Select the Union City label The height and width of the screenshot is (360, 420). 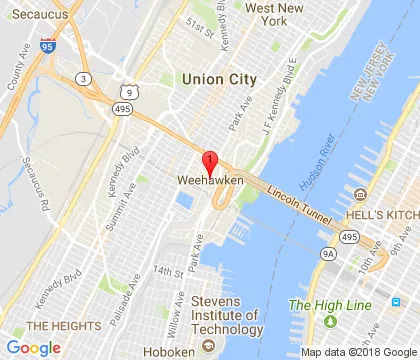(219, 78)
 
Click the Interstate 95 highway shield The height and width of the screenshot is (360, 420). (47, 46)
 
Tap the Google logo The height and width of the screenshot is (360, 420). (34, 347)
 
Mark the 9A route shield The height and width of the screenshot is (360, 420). (330, 254)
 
